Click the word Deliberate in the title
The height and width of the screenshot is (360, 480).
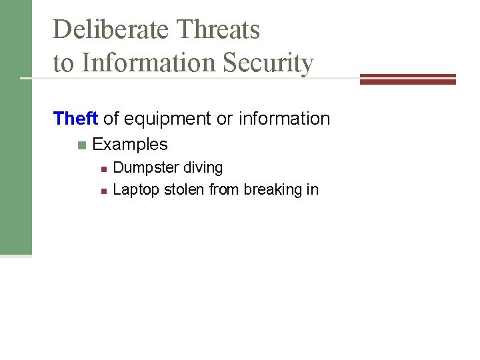pos(111,29)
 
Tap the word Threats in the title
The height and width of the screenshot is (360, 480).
pos(218,29)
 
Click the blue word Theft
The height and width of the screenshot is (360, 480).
pos(75,119)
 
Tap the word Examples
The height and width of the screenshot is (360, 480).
pos(130,144)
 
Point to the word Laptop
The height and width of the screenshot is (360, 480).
pos(136,190)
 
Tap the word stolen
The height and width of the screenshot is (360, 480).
pos(184,189)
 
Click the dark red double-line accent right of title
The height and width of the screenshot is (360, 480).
pos(407,79)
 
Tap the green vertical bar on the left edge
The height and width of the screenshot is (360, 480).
pos(15,127)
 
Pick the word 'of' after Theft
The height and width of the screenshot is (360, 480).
pos(111,119)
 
